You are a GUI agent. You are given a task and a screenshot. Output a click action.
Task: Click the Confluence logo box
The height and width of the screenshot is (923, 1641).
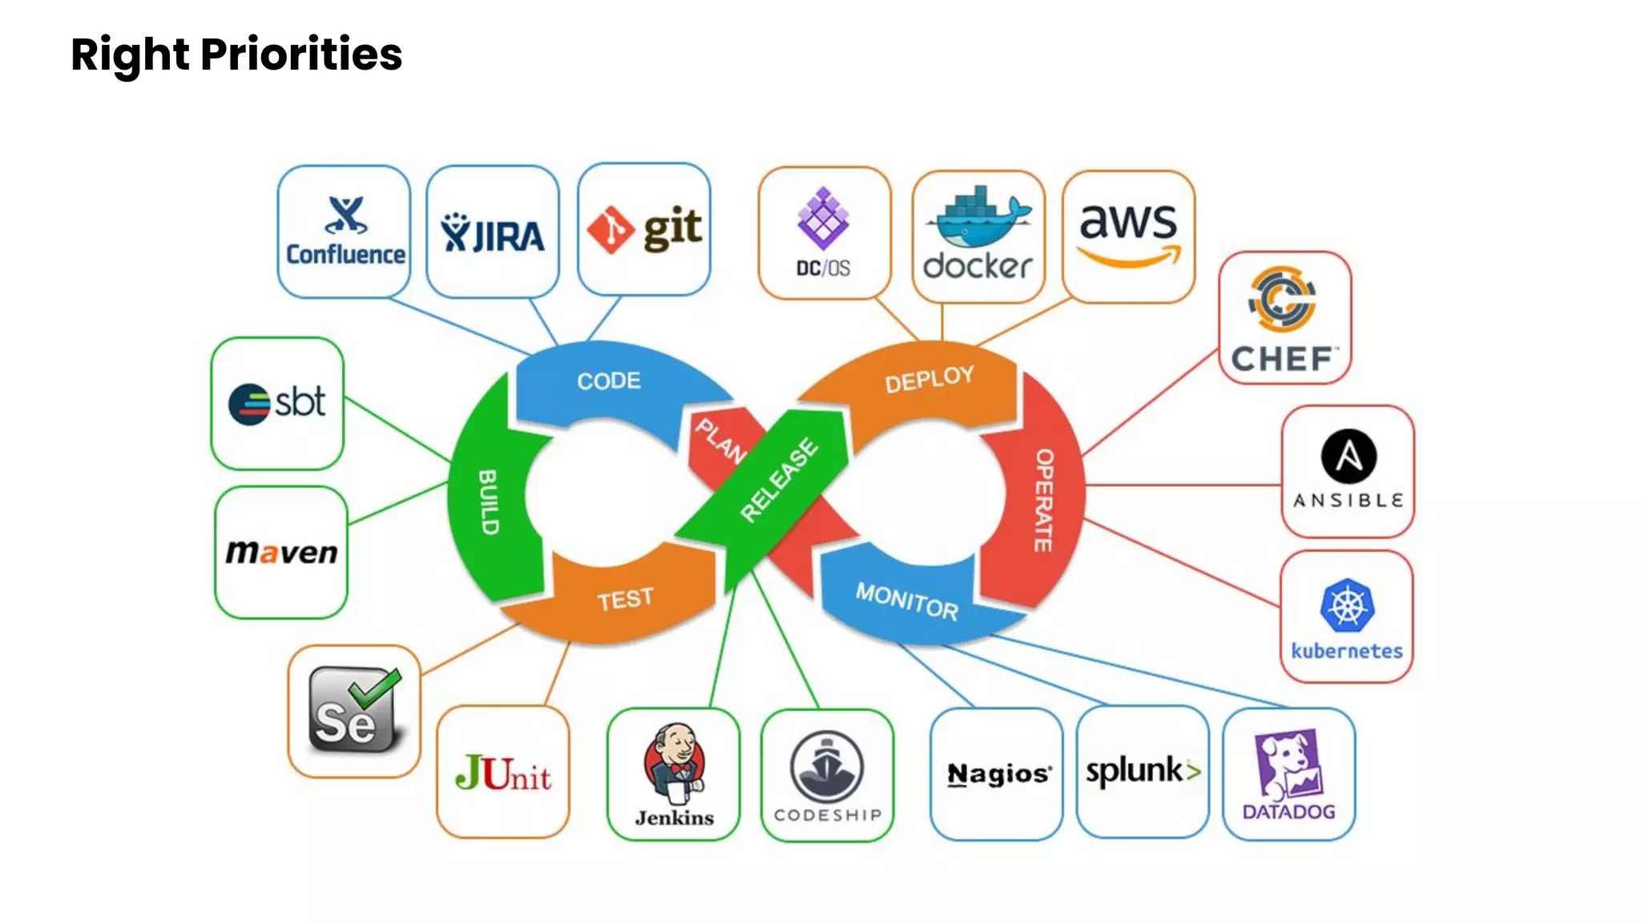pos(344,231)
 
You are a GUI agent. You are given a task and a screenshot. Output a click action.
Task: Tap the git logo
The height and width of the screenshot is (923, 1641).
pos(644,230)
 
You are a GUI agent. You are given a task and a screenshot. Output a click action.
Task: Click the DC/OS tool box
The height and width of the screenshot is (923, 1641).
pos(824,233)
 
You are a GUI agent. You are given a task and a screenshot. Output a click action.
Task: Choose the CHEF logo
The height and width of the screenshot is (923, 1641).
pos(1284,319)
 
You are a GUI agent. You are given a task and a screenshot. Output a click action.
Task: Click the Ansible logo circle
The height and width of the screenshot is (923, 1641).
pos(1349,457)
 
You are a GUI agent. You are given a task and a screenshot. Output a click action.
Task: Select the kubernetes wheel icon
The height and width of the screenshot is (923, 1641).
pos(1347,606)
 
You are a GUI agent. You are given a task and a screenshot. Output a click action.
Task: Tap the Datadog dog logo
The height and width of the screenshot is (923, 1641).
pos(1288,765)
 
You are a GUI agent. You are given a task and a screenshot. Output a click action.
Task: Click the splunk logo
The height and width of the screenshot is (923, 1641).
pos(1143,772)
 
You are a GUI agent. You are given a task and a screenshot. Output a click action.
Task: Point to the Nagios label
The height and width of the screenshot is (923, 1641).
pos(998,774)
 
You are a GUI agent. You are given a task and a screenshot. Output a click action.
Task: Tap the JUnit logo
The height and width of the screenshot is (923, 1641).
pos(503,774)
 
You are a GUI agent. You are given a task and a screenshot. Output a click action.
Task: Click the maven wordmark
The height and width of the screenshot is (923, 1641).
pos(281,552)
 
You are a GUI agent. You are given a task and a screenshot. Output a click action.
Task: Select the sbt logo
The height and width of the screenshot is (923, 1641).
pos(277,403)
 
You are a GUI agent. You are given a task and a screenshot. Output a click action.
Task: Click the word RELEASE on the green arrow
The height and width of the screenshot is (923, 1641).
pos(779,480)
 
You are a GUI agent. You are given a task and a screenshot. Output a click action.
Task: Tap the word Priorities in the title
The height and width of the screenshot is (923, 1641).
pos(301,54)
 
